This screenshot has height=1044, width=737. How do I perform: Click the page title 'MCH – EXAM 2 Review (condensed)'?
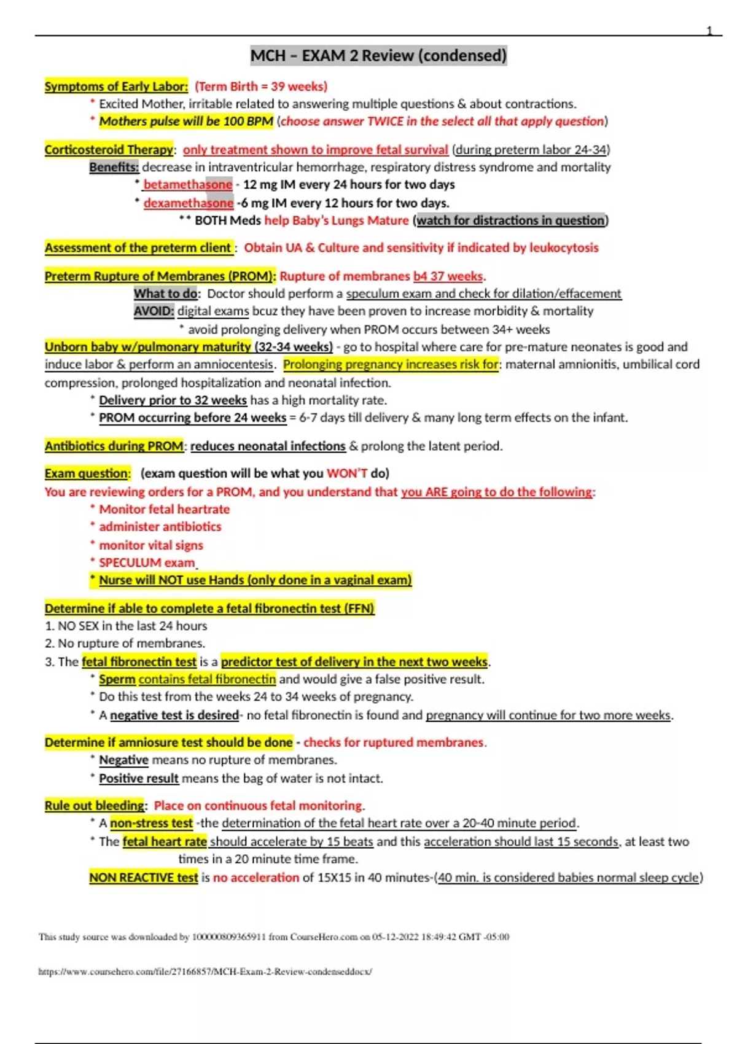(378, 56)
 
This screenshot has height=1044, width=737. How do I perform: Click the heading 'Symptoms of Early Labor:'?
(116, 87)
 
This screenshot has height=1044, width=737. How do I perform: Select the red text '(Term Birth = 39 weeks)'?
(261, 87)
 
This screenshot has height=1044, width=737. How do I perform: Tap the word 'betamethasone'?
(187, 185)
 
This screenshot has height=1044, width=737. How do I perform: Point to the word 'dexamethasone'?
(188, 203)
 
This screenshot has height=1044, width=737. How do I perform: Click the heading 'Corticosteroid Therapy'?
(109, 150)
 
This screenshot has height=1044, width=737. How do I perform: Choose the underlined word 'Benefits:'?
(114, 167)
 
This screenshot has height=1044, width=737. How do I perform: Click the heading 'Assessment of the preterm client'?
(138, 248)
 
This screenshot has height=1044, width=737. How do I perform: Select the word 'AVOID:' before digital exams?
(154, 311)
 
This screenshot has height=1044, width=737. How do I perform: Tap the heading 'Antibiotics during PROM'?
(114, 446)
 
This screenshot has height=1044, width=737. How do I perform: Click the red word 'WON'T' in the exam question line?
(347, 473)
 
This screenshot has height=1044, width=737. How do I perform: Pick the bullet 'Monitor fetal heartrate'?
(164, 510)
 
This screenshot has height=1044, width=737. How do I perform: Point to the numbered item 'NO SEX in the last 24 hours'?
(131, 626)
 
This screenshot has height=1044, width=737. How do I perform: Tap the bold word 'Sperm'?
(117, 680)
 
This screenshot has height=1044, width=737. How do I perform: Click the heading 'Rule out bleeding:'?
(95, 806)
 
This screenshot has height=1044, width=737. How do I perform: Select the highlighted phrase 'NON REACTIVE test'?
(144, 878)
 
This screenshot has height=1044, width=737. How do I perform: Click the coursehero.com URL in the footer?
(205, 972)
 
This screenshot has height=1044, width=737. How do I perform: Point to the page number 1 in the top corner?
(709, 31)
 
